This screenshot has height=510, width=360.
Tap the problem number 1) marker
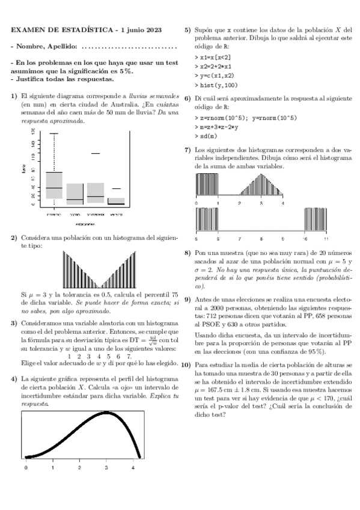15,96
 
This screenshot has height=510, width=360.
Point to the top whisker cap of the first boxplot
54,134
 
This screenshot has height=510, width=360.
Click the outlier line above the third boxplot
96,153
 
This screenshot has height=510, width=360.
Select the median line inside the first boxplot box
54,188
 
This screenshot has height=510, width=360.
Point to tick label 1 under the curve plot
53,467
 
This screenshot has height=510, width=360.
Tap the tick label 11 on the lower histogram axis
326,239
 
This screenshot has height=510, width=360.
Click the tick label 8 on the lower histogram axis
261,239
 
